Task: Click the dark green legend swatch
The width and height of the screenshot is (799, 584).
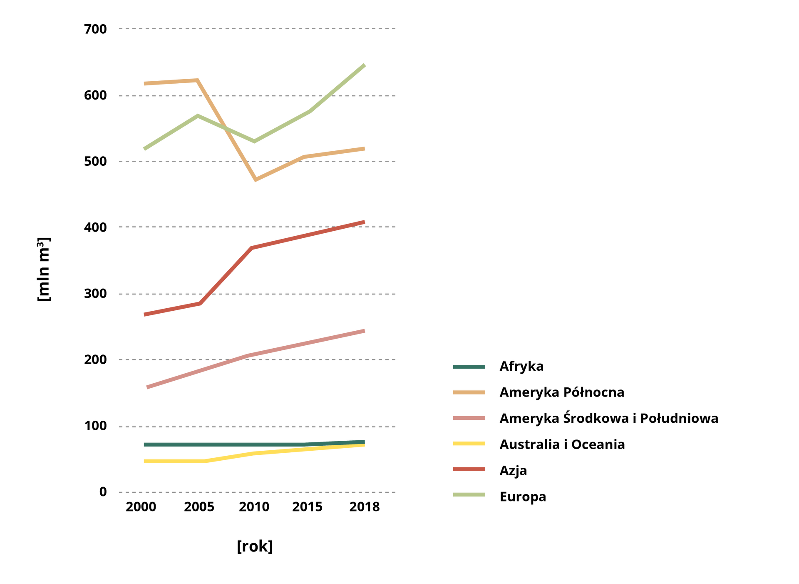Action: point(469,367)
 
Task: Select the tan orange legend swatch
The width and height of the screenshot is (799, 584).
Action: point(469,392)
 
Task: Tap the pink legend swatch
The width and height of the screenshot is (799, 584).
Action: point(469,418)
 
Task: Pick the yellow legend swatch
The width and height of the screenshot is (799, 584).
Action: point(469,444)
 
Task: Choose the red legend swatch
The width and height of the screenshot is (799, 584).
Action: point(469,469)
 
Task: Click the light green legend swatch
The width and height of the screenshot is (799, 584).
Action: point(469,494)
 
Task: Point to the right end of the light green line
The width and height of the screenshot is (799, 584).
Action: point(365,65)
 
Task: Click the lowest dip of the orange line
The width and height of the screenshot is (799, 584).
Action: point(256,180)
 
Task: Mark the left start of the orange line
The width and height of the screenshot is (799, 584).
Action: point(144,84)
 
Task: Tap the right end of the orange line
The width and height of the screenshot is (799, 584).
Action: point(365,149)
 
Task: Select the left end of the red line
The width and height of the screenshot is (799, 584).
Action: point(144,314)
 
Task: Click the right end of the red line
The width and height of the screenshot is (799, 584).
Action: point(365,222)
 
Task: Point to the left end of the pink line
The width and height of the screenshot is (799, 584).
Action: point(147,387)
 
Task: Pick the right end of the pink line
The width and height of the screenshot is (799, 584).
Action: point(365,331)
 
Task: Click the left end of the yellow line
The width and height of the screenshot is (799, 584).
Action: point(144,461)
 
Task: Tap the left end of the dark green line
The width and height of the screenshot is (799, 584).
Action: point(144,444)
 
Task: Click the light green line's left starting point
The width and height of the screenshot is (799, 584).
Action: point(144,149)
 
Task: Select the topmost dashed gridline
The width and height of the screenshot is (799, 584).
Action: point(257,29)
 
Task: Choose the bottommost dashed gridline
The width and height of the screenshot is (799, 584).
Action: point(257,492)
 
